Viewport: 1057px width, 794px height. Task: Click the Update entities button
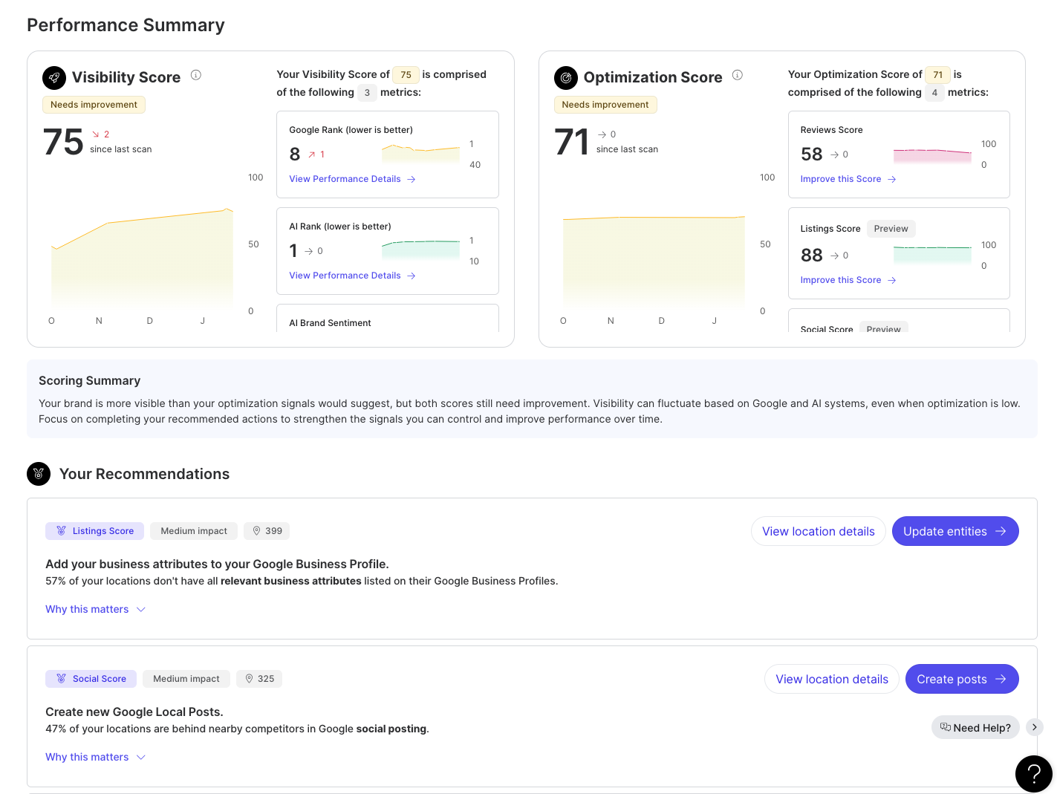pos(954,531)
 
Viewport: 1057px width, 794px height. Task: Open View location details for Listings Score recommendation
pos(818,531)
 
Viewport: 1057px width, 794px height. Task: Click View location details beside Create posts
pos(831,679)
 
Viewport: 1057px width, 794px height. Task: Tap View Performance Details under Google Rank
pos(352,179)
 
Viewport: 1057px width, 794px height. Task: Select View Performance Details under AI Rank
pos(352,276)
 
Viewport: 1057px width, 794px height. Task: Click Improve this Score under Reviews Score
pos(848,179)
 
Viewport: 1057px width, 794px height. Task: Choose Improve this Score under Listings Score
pos(848,280)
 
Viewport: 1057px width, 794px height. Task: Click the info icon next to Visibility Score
pos(196,75)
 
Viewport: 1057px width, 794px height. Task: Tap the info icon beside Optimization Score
pos(738,75)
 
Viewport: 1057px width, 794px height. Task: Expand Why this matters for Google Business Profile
pos(95,609)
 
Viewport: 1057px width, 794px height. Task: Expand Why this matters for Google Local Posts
pos(95,757)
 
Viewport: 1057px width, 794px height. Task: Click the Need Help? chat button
pos(975,727)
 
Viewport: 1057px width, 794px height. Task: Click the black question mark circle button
pos(1033,774)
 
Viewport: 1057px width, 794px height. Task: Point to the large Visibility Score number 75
pos(63,142)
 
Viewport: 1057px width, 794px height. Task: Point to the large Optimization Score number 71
pos(571,142)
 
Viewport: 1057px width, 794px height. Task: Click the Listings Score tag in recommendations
pos(95,531)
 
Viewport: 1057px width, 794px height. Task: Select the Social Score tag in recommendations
pos(91,679)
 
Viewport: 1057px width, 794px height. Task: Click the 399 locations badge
pos(267,531)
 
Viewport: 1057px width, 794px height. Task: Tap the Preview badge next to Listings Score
pos(891,229)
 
